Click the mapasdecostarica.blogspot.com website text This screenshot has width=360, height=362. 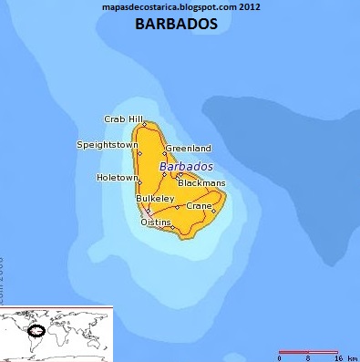click(x=179, y=7)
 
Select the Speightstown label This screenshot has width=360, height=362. click(x=108, y=145)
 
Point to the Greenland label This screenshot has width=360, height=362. click(x=189, y=148)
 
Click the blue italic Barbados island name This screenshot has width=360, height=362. click(x=186, y=168)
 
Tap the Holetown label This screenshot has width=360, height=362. click(x=117, y=177)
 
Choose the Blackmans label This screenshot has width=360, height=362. click(x=201, y=183)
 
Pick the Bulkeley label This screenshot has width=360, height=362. click(x=154, y=198)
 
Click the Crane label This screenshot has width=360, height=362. click(x=198, y=206)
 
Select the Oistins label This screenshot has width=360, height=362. click(x=155, y=222)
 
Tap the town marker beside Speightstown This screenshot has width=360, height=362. click(x=139, y=154)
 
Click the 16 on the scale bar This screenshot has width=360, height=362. click(x=338, y=358)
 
